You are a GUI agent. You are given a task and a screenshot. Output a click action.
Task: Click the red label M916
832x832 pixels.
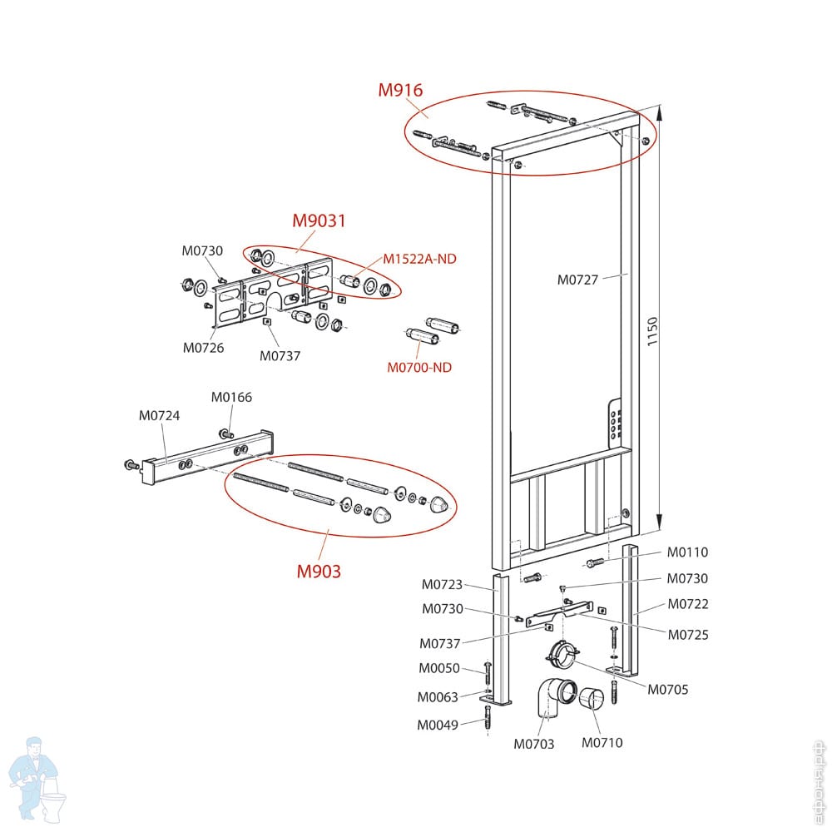click(x=400, y=91)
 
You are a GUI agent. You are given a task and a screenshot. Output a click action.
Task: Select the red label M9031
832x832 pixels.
click(x=319, y=221)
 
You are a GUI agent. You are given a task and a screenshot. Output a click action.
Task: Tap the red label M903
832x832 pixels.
click(x=319, y=572)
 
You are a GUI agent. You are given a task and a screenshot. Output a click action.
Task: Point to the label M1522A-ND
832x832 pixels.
click(x=419, y=259)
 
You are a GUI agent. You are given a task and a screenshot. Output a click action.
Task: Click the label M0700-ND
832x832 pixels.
click(x=419, y=367)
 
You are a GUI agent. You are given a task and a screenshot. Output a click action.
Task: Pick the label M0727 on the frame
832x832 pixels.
click(x=577, y=280)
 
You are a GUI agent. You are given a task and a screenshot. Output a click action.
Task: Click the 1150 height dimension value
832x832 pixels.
click(x=652, y=333)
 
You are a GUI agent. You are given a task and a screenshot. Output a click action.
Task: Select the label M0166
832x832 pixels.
click(x=231, y=398)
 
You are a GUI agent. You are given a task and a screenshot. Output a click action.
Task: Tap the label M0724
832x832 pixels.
click(x=159, y=415)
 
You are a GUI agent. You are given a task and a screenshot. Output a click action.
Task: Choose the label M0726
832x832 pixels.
click(x=204, y=348)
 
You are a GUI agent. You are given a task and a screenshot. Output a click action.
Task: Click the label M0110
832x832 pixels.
click(x=687, y=552)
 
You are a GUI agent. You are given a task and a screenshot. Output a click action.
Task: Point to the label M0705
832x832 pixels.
click(x=668, y=689)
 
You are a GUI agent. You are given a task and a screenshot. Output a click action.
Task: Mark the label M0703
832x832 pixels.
click(x=534, y=744)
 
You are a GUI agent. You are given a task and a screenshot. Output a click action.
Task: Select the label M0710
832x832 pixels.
click(x=602, y=742)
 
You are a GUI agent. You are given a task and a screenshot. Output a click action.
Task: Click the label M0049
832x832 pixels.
click(x=438, y=725)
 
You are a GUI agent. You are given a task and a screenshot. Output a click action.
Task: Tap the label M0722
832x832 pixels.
click(x=687, y=604)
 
